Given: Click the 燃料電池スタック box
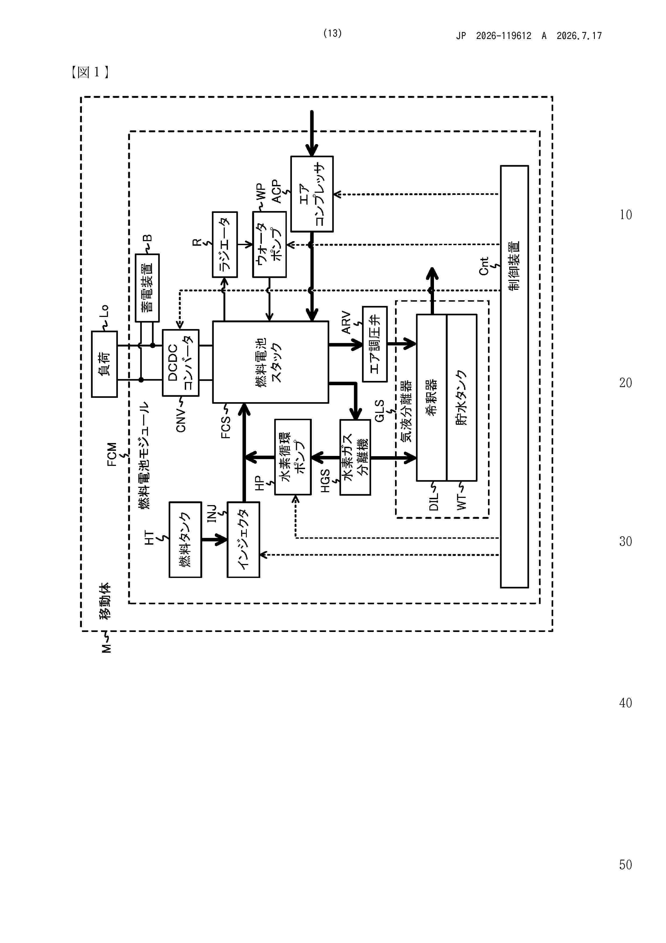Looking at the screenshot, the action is (270, 362).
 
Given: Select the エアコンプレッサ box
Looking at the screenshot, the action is (312, 194).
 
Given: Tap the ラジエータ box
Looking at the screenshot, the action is (225, 244).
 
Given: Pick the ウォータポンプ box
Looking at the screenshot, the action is (269, 244).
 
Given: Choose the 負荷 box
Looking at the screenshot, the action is (104, 364).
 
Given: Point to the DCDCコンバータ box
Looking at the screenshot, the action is (180, 363).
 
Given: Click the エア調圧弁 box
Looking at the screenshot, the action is (375, 344).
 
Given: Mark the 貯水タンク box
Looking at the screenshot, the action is (462, 398).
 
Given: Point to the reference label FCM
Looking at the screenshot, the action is (112, 454).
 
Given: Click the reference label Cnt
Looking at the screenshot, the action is (484, 266).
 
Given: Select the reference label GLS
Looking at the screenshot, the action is (379, 411).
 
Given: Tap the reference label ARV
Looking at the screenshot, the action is (346, 323).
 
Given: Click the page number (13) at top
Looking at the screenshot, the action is (332, 33).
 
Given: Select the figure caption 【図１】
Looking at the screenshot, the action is (90, 72).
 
